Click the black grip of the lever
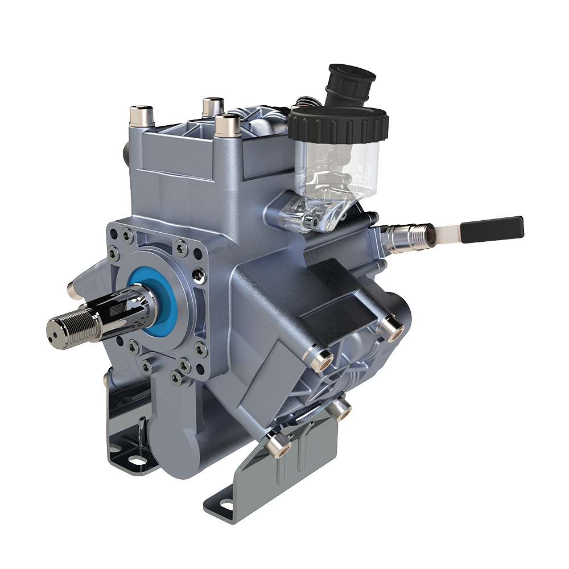click(492, 229)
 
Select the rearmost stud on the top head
click(212, 106)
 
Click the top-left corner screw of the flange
click(126, 232)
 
